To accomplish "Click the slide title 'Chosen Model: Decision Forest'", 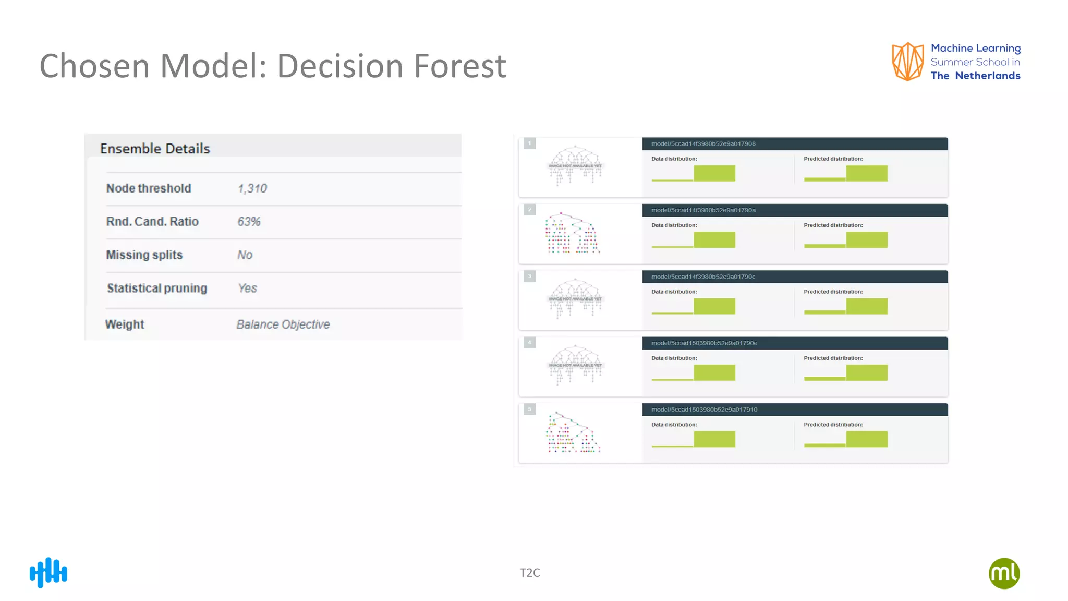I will coord(273,66).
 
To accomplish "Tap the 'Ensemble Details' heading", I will coord(155,149).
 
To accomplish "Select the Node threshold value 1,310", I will coord(252,188).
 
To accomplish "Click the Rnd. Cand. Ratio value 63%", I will coord(249,222).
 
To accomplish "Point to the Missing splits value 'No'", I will coord(245,255).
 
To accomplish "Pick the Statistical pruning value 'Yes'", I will coord(247,289).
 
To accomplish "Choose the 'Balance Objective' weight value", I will coord(283,324).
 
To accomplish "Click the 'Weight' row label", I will coord(125,324).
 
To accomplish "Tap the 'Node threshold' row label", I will coord(149,188).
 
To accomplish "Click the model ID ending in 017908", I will coord(703,144).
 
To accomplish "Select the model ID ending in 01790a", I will coord(703,210).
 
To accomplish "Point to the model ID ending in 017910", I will coord(704,410).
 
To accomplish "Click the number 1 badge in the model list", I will coord(529,143).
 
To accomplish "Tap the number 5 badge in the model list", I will coord(529,409).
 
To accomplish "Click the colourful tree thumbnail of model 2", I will coord(573,233).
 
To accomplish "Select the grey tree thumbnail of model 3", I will coord(575,298).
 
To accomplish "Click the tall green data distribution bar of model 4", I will coord(714,372).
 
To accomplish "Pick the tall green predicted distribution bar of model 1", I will coord(867,173).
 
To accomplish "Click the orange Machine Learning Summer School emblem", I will coord(907,62).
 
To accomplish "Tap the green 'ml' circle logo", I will coord(1004,573).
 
